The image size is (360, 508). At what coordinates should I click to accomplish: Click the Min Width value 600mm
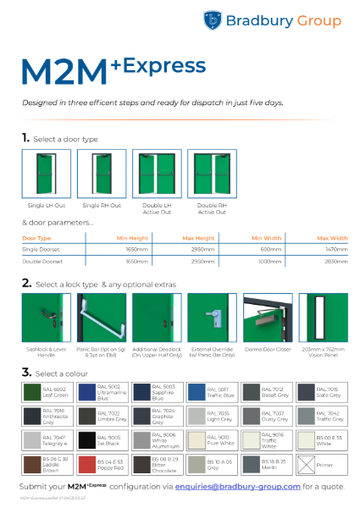(270, 250)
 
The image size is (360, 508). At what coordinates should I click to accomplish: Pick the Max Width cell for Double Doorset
(334, 262)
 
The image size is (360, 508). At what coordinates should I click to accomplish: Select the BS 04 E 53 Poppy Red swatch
(89, 463)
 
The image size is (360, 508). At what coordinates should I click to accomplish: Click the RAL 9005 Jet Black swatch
(89, 439)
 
